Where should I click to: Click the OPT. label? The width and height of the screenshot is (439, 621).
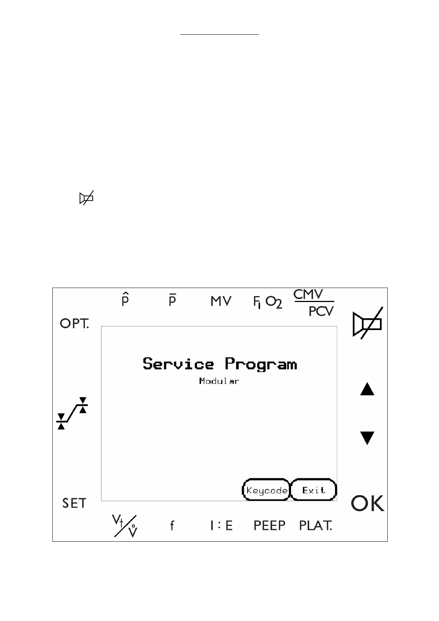point(74,324)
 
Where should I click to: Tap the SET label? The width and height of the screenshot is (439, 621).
point(74,503)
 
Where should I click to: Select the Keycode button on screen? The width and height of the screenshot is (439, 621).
point(266,490)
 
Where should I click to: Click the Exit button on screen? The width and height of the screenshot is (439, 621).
point(314,490)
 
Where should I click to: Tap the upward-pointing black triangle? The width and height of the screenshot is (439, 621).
point(367,389)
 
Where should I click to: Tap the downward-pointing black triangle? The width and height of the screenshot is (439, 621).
point(367,438)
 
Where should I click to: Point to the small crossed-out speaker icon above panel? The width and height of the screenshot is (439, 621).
point(86,198)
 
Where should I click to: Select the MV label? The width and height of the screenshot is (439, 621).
point(221,302)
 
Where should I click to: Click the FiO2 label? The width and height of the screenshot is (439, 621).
point(267,302)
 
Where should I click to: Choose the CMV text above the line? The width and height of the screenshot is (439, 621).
point(308,295)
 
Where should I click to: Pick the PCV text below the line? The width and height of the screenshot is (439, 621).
point(321,312)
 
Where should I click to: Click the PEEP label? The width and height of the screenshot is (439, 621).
point(269,525)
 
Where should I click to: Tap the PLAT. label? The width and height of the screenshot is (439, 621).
point(315,525)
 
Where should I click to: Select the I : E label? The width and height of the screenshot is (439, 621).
point(221,525)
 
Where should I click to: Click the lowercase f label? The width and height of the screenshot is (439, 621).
point(172,525)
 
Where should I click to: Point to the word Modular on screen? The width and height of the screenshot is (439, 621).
point(219,381)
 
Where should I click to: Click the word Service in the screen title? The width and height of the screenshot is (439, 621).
point(178,364)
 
